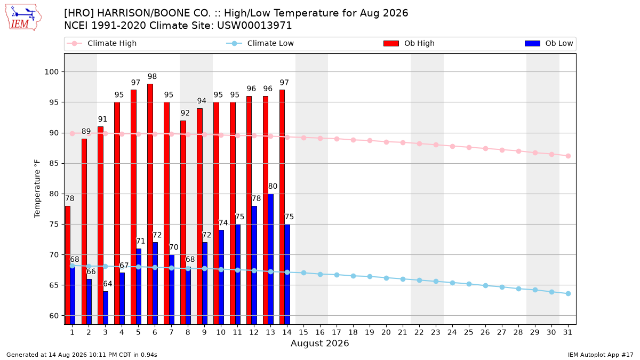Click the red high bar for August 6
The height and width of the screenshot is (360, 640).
150,204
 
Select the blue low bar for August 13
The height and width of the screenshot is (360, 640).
270,259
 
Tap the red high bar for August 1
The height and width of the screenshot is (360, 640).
68,265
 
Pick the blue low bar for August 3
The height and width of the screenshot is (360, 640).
106,308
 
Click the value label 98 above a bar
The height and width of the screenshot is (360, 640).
153,77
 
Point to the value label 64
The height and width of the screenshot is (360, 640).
107,284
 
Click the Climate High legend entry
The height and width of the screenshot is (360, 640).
101,43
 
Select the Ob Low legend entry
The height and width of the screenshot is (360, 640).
549,43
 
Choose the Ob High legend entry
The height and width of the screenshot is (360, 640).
409,43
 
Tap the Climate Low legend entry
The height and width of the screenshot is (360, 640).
260,43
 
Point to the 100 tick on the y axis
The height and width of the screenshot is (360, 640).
51,71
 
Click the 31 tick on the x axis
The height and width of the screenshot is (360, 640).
567,332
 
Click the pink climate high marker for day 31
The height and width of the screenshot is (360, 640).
568,156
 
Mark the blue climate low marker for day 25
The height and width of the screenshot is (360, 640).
469,284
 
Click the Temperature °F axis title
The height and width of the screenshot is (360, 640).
37,189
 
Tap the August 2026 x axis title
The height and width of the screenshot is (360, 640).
319,343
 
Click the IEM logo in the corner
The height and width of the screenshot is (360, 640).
23,18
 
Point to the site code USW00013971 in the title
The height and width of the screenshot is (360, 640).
254,26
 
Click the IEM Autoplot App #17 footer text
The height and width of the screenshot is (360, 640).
601,355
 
